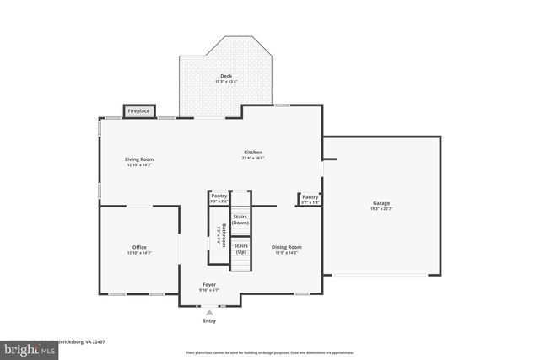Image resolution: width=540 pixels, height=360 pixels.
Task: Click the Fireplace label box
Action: coord(138,110)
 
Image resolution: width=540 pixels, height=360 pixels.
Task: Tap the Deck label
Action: coord(227,76)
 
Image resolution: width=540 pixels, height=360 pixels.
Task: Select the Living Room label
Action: coord(139,159)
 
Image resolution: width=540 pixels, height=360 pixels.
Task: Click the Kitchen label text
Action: coord(253,152)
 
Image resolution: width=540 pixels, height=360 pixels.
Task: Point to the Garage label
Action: coord(382,202)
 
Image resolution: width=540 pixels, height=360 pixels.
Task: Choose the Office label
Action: coord(139,247)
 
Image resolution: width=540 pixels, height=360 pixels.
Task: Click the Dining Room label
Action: coord(286,247)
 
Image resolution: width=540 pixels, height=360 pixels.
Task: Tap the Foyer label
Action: coord(209,284)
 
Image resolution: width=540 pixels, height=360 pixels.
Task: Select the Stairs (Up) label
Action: coord(240,248)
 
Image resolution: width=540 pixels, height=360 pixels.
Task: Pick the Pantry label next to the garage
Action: coord(310,196)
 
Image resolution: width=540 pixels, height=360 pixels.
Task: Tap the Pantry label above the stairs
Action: coord(219,196)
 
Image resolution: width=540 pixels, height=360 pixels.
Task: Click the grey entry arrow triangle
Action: coord(209,312)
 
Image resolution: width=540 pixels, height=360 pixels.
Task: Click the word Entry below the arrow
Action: coord(209,321)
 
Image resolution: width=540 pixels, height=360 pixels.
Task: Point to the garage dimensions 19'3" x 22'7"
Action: coord(382,208)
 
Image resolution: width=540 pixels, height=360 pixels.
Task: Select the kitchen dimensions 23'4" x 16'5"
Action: coord(253,158)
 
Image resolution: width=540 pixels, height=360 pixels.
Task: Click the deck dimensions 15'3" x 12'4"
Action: coord(227,82)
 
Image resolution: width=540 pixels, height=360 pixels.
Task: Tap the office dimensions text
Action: coord(139,253)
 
